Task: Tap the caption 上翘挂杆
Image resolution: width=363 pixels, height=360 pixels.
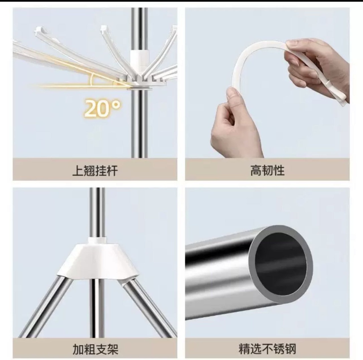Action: click(x=95, y=171)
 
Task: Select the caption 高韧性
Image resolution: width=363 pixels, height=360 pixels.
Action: click(x=267, y=171)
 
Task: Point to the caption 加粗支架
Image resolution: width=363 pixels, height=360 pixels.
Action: click(x=95, y=349)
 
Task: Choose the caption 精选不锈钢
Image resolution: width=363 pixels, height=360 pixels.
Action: click(x=267, y=349)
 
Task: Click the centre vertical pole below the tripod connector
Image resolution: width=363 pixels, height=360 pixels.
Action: click(x=97, y=308)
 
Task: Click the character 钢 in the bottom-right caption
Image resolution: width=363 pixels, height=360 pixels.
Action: click(x=291, y=349)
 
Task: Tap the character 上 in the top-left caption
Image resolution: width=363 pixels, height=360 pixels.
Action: click(x=78, y=171)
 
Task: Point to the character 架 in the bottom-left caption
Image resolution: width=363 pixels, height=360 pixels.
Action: click(x=113, y=349)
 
